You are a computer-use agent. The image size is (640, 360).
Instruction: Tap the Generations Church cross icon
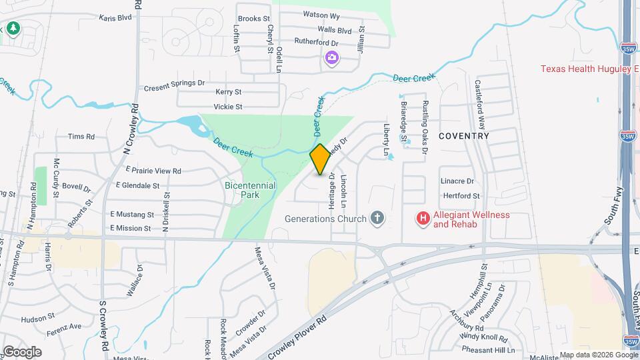[377, 218]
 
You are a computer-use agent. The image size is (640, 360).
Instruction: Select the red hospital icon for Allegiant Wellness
[422, 218]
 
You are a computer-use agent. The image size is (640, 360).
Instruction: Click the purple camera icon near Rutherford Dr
[331, 59]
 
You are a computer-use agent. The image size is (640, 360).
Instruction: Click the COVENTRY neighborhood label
[464, 136]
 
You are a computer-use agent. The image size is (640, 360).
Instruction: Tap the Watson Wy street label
[321, 15]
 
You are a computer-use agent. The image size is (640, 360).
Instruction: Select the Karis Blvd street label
[115, 18]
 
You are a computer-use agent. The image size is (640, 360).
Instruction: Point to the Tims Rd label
[81, 137]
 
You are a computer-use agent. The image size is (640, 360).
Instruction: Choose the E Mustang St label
[132, 215]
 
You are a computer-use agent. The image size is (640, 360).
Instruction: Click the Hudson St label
[37, 320]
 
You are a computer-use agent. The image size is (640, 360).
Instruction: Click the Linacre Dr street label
[457, 181]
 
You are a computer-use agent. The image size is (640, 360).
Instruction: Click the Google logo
[22, 352]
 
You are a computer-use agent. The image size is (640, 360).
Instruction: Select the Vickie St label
[227, 107]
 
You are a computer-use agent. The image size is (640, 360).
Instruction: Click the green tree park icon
[13, 28]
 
